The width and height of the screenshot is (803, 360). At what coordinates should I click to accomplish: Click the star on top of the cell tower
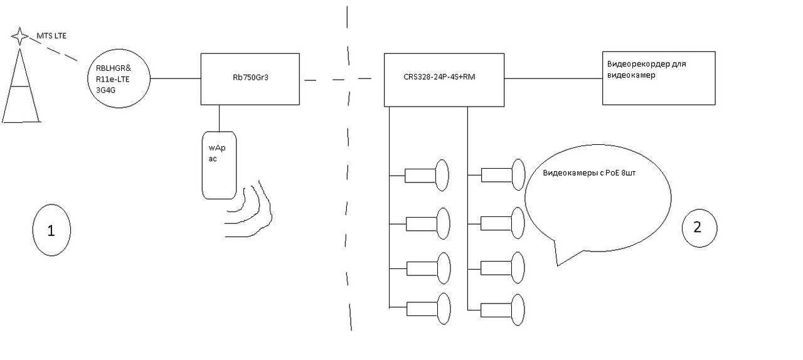coord(20,36)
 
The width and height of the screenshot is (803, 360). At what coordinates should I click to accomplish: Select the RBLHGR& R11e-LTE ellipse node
coord(119,78)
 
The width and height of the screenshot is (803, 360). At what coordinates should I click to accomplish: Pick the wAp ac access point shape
coord(219,164)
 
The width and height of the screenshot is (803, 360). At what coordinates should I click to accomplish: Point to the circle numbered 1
coord(51,230)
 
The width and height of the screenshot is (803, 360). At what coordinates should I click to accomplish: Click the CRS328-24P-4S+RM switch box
coord(445,79)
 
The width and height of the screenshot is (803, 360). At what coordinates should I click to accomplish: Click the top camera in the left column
coord(428,174)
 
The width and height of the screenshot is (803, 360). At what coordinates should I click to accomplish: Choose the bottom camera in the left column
coord(428,309)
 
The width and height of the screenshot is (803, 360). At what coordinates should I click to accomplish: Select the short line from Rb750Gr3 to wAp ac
coord(219,117)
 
